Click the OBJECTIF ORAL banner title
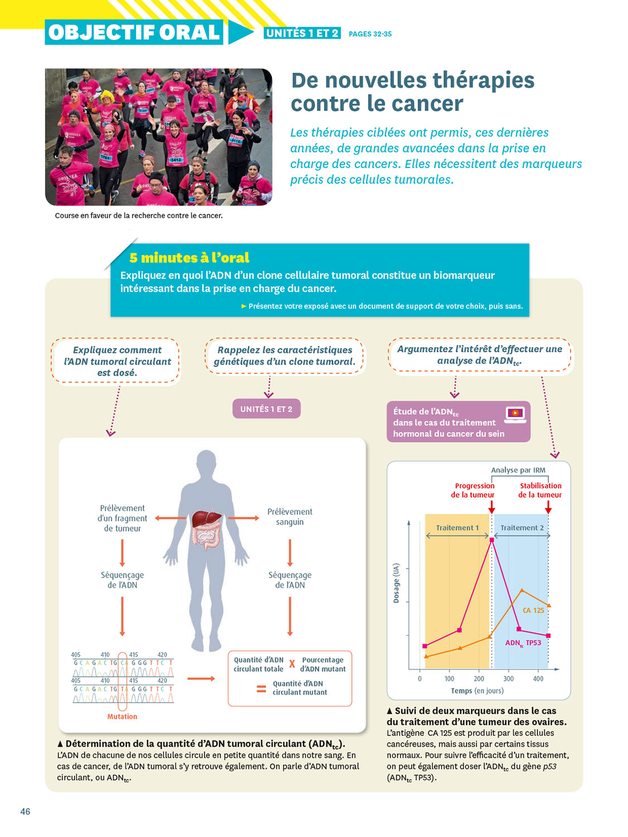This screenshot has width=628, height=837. coord(134,32)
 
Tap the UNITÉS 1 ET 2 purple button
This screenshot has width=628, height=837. coord(266,409)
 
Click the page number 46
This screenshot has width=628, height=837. coord(25,811)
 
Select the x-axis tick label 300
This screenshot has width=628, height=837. coord(509,679)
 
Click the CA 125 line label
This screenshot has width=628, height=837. coord(533,610)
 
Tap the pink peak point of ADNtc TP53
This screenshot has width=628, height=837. coord(492,540)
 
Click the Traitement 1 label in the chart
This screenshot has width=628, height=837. coord(457,528)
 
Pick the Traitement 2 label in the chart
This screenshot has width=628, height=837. coord(522,528)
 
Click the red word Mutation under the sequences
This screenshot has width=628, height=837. coord(122,716)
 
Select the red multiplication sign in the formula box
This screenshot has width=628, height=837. coord(292,664)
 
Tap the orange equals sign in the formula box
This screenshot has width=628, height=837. coord(261,689)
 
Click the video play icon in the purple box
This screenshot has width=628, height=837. coord(515,413)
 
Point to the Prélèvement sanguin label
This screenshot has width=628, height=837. coord(290,517)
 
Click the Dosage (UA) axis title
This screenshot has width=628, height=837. coord(396,583)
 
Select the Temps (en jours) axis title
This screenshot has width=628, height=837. coord(477,691)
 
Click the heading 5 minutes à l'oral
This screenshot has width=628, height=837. coord(189,258)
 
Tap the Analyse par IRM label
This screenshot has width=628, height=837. coord(518,470)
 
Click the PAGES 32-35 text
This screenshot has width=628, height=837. coord(370,34)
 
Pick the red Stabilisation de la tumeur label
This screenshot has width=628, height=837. coord(540,490)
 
